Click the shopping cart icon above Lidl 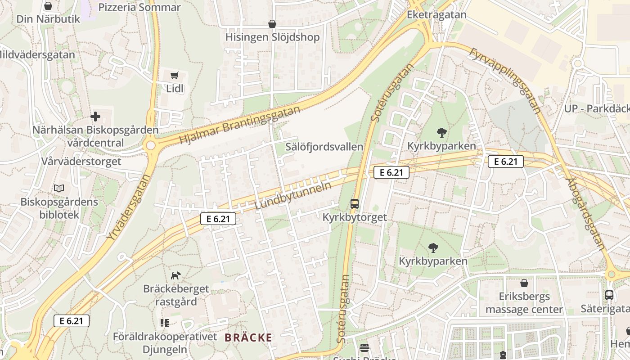(x=175, y=75)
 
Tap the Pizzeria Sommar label (x=139, y=7)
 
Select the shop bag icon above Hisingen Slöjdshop (x=272, y=24)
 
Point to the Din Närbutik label (x=48, y=19)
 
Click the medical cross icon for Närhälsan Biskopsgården (x=95, y=117)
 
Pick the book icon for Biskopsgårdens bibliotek (x=59, y=188)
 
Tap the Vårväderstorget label (x=81, y=161)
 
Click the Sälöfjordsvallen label (x=324, y=147)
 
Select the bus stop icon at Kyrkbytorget (x=355, y=204)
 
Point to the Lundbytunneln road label (x=293, y=195)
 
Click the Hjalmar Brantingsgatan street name (x=239, y=126)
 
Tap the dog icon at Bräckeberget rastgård (x=176, y=275)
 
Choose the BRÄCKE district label (x=248, y=337)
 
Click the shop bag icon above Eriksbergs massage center (x=524, y=283)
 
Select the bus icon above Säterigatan (x=609, y=295)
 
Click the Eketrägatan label (x=436, y=14)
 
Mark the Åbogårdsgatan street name (x=585, y=213)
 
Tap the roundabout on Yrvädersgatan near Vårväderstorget (x=150, y=145)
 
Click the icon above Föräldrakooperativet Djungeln (x=164, y=323)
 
